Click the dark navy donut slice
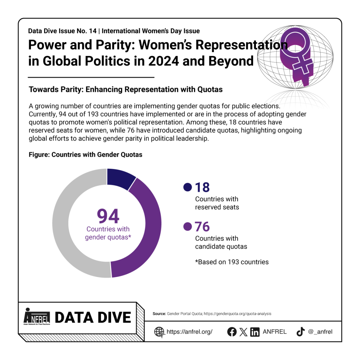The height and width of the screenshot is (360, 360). point(120,176)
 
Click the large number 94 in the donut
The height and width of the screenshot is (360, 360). point(108,217)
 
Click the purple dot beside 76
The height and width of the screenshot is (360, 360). point(187,226)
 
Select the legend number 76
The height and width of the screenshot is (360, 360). point(202,226)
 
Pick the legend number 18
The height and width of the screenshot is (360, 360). point(202,187)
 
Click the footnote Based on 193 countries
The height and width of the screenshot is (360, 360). point(232,262)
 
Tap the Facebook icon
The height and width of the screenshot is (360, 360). point(232,332)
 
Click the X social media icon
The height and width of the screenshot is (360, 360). point(243,332)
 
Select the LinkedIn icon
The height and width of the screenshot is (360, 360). point(255,332)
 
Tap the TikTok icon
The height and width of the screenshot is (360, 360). point(300,332)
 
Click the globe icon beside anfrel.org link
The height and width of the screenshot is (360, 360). point(159,332)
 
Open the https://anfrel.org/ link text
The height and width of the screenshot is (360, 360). point(189,332)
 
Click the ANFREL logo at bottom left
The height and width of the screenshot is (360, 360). point(37,317)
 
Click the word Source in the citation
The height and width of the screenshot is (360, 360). point(159,313)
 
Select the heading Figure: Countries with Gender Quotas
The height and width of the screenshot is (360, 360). point(85,155)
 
